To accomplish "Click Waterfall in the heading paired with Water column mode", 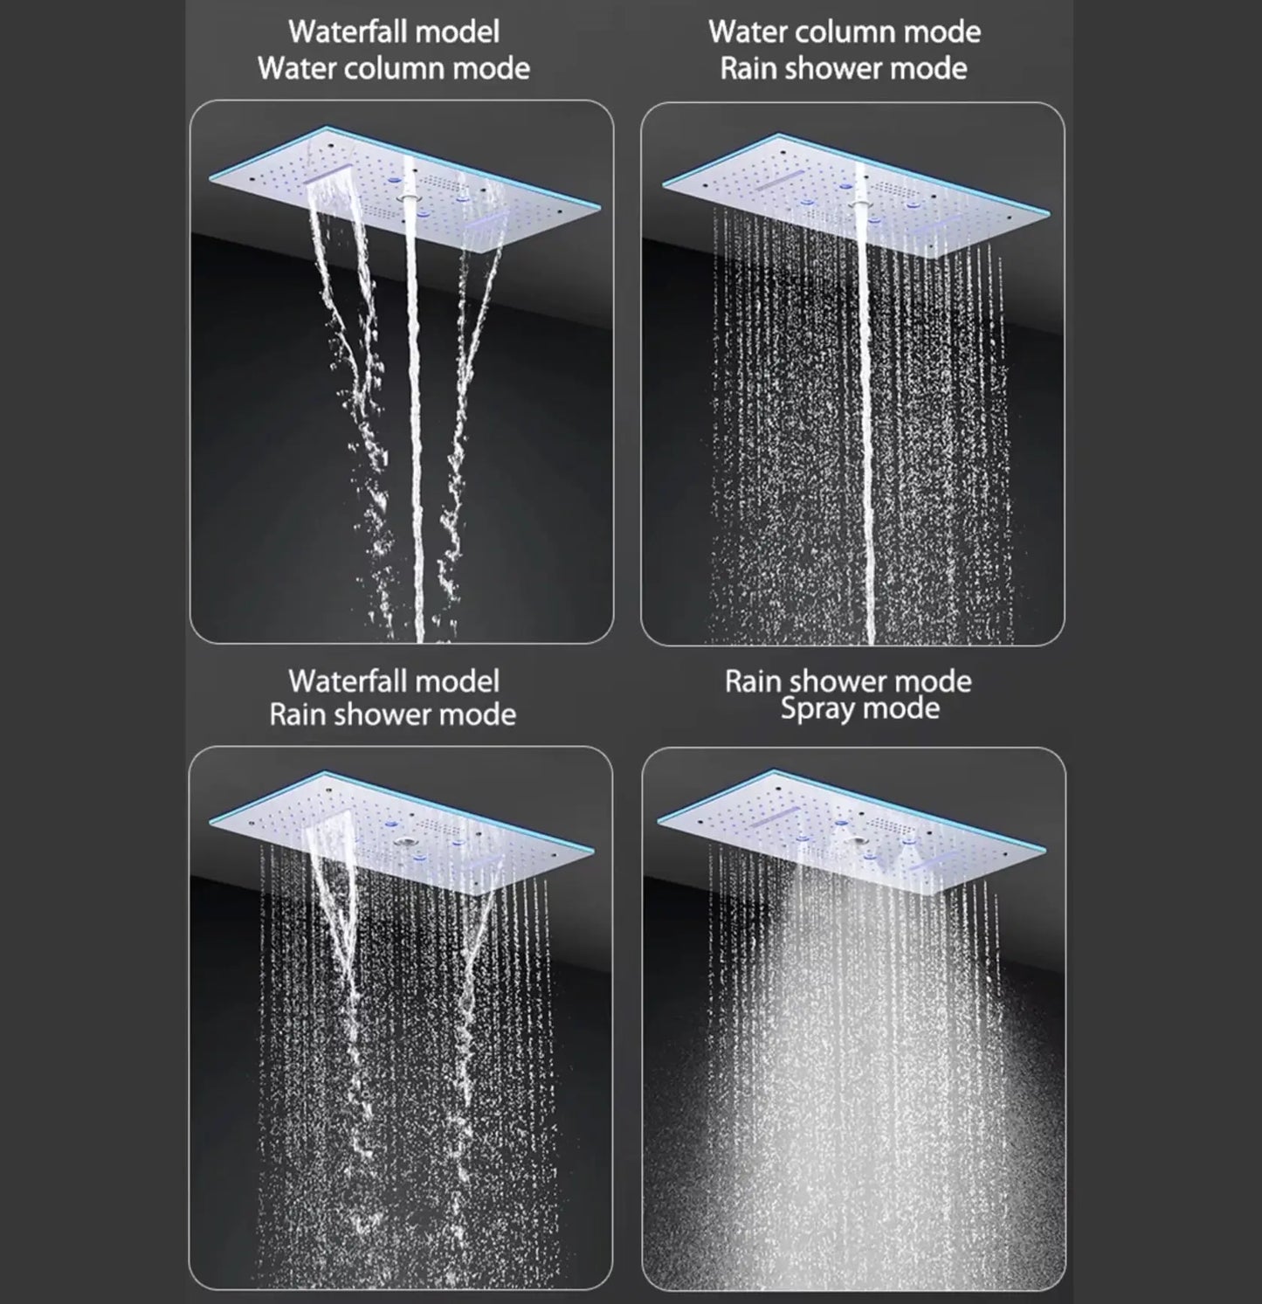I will [348, 32].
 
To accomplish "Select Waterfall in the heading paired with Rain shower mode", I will [348, 681].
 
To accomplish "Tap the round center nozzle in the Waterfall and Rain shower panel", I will [404, 843].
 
